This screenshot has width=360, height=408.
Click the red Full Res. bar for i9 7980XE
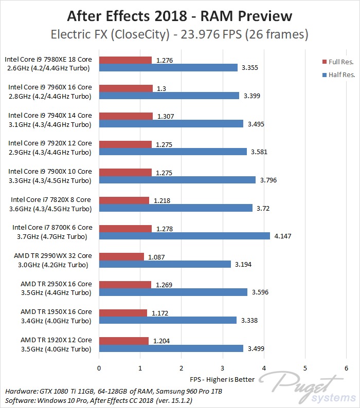pos(125,60)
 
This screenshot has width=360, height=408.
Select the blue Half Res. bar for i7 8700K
pos(184,236)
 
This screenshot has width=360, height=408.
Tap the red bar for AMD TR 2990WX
pos(121,256)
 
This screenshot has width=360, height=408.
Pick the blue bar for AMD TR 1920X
pos(171,348)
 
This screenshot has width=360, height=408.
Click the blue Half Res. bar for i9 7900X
pos(177,180)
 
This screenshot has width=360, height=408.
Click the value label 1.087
pos(156,256)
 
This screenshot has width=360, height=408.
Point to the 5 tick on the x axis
pos(305,368)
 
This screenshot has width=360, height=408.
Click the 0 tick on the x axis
pos(99,368)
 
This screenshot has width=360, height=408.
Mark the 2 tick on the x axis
pos(181,368)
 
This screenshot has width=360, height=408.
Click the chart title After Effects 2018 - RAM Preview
pos(179,16)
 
